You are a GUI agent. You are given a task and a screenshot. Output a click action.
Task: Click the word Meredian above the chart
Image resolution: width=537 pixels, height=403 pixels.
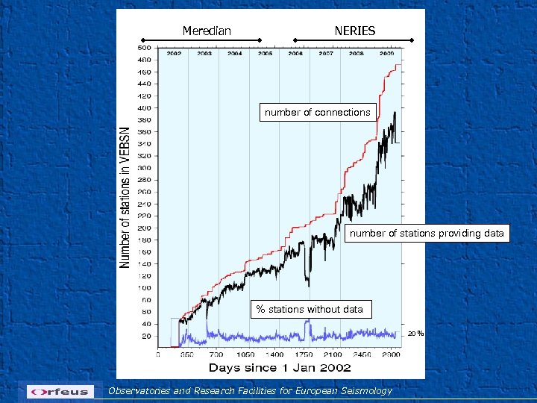[207, 31]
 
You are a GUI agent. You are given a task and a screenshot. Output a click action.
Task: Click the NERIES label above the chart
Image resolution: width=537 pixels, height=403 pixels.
[355, 31]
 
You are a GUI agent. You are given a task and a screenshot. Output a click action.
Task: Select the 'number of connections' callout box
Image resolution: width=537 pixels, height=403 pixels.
[317, 112]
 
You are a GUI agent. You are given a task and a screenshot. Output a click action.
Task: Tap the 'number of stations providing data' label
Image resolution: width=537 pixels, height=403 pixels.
[427, 233]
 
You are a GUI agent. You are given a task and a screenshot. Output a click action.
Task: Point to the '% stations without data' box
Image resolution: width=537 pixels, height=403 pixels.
[310, 309]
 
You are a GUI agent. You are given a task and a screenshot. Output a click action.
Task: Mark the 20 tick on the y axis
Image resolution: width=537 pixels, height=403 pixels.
[145, 336]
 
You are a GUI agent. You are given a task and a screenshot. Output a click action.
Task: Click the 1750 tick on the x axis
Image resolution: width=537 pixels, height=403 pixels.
[304, 355]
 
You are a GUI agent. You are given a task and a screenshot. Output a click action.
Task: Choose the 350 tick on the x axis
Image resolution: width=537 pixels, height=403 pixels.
[186, 355]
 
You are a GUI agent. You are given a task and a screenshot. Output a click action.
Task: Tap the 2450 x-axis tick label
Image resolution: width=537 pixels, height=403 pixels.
[362, 355]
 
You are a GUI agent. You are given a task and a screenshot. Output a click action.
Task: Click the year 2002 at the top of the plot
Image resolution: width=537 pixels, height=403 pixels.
[174, 54]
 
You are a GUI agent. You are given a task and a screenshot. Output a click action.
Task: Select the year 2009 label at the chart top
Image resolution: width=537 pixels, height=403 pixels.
[387, 54]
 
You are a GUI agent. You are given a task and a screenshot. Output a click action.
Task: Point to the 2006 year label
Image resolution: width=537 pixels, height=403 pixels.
[295, 54]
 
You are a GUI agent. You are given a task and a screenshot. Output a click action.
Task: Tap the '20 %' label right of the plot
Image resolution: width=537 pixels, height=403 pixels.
[415, 333]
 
